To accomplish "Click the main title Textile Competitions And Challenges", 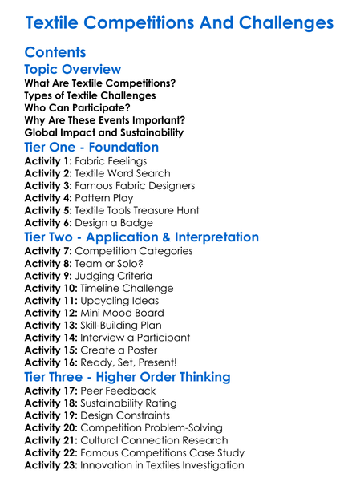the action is pos(180,21).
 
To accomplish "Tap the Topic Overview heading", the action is pos(73,70).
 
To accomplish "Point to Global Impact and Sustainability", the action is pos(103,132).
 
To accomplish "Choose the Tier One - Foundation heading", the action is pos(91,148).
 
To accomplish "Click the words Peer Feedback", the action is pos(118,391).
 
